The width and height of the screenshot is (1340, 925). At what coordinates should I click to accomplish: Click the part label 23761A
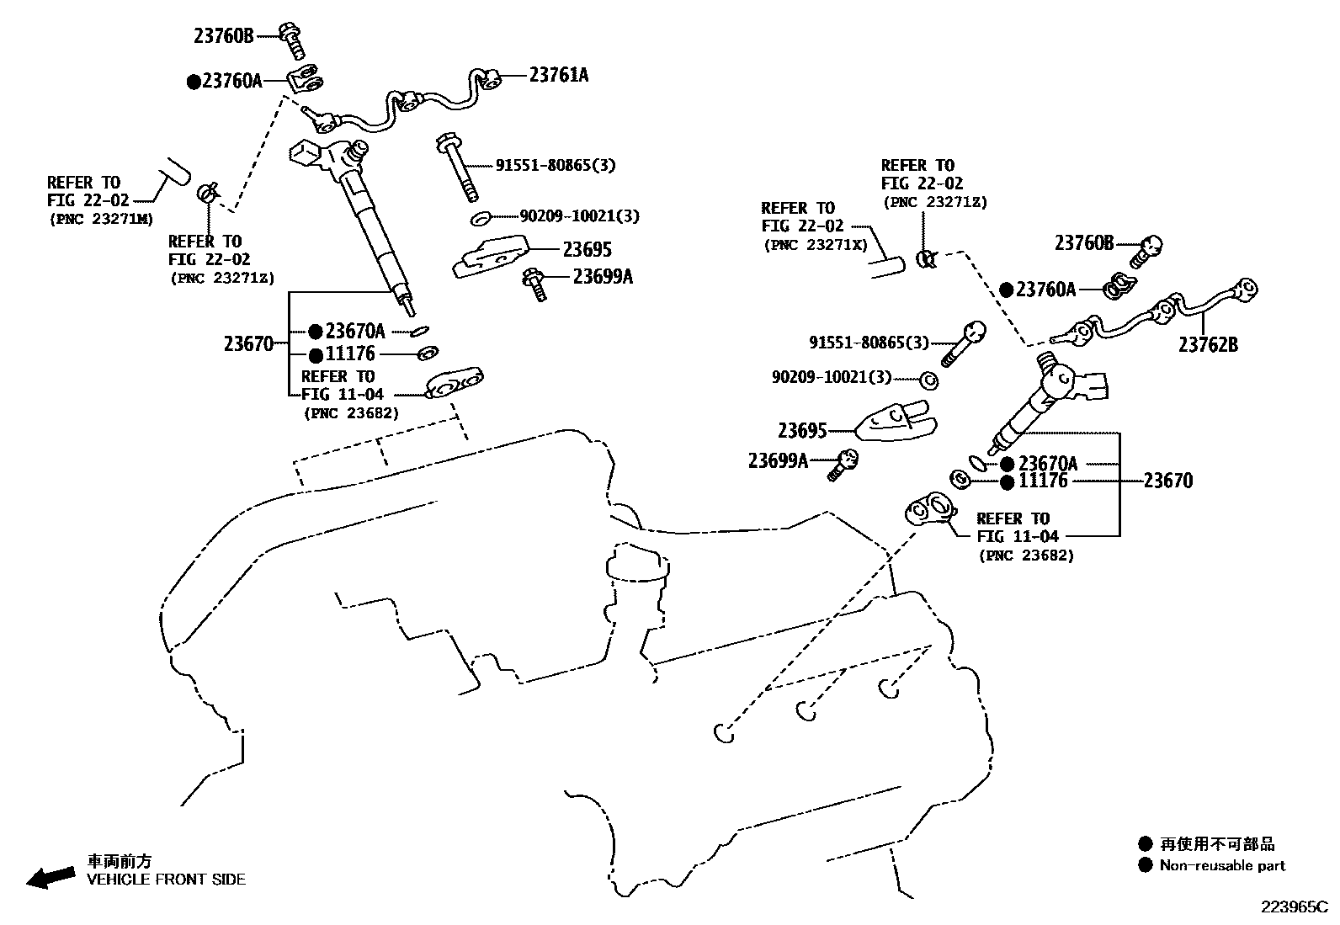(558, 75)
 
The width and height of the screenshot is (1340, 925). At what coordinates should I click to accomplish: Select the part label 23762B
(1207, 344)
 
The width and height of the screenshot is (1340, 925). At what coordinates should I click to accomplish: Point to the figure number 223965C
(1292, 906)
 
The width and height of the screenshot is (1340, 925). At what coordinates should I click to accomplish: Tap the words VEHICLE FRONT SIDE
(166, 880)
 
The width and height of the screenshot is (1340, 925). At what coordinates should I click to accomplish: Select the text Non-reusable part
(1222, 865)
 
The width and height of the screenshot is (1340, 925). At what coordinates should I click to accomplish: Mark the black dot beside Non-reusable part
(1145, 865)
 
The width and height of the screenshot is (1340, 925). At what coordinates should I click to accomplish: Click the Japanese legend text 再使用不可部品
(1217, 844)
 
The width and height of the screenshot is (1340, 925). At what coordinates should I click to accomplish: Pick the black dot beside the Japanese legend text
(1145, 844)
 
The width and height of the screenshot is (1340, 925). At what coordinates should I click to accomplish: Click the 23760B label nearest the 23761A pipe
(223, 35)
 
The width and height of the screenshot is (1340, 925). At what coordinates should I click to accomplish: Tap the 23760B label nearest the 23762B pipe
(1084, 243)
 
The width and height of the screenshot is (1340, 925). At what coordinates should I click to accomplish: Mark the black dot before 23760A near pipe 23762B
(1007, 290)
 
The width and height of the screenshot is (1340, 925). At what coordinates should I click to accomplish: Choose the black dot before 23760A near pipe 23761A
(194, 81)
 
